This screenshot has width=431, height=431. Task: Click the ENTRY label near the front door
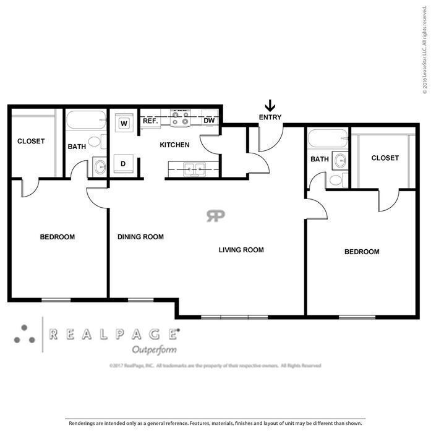tap(270, 117)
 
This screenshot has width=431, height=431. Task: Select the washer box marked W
tap(124, 123)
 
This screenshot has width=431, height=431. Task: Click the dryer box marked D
tap(124, 164)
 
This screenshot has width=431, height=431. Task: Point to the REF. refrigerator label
tap(151, 121)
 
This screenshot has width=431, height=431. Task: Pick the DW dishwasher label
tap(209, 121)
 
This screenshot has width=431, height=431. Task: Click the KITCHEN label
tap(174, 145)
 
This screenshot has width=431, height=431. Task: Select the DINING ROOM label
tap(140, 237)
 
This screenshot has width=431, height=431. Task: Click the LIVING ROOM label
tap(241, 250)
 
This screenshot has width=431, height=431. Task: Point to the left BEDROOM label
tap(58, 237)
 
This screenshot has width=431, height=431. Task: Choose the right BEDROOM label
tap(362, 252)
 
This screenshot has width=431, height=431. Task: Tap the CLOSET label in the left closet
tap(31, 141)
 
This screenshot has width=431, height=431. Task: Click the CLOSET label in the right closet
tap(385, 158)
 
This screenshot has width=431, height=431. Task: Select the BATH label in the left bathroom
tap(77, 147)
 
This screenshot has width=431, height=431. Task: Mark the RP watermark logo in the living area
tap(216, 215)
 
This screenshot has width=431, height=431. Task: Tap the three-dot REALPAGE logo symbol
tap(25, 334)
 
